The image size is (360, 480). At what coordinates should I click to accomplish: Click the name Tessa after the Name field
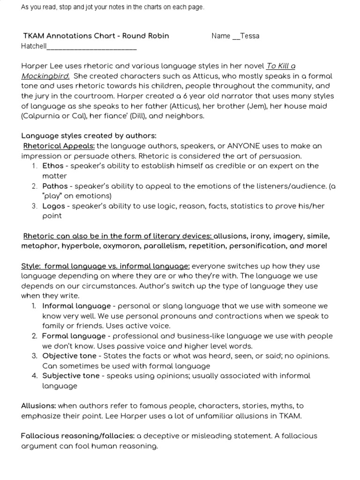pos(249,36)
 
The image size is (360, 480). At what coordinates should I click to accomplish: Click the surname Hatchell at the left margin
pos(34,46)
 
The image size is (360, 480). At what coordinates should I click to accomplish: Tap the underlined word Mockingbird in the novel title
pos(45,76)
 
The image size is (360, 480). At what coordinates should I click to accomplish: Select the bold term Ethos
pos(52,165)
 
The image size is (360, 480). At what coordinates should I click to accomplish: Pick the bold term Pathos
pos(55,186)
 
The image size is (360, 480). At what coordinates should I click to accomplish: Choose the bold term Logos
pos(53,206)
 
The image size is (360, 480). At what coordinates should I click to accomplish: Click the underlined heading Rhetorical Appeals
pos(59,146)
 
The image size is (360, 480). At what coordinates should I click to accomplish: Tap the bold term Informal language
pos(76,306)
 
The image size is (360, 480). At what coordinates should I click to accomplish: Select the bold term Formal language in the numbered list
pos(74,336)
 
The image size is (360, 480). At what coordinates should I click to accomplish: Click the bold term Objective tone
pos(71,356)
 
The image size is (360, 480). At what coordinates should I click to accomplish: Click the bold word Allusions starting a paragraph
pos(38,405)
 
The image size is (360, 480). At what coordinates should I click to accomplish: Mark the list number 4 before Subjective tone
pos(34,375)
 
